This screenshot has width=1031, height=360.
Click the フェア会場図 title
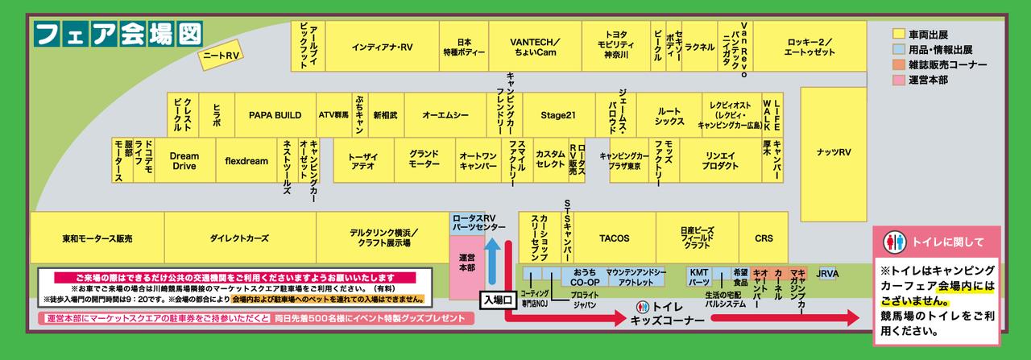tap(118, 33)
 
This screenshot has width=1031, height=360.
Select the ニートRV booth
tap(222, 56)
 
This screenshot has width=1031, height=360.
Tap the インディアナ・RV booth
tap(382, 47)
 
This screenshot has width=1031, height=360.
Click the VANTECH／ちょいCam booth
tap(535, 47)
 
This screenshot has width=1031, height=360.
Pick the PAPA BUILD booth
tap(274, 115)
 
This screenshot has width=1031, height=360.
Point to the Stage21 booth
tap(557, 115)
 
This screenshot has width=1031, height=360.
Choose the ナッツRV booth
tap(833, 152)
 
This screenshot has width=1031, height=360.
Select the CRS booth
tap(764, 238)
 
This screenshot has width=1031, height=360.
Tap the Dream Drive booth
tap(184, 161)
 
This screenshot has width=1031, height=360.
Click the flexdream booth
tap(246, 161)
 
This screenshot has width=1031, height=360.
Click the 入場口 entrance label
tap(498, 300)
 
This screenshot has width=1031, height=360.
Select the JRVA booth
tap(827, 274)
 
